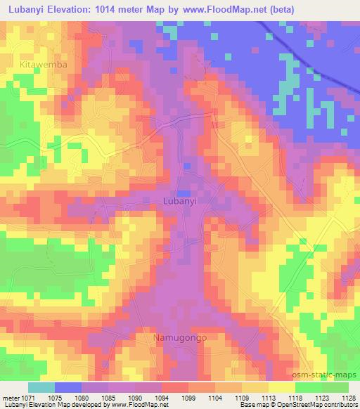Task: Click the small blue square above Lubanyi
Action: (x=183, y=193)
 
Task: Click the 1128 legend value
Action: (x=347, y=397)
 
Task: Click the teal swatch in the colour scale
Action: (x=41, y=388)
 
